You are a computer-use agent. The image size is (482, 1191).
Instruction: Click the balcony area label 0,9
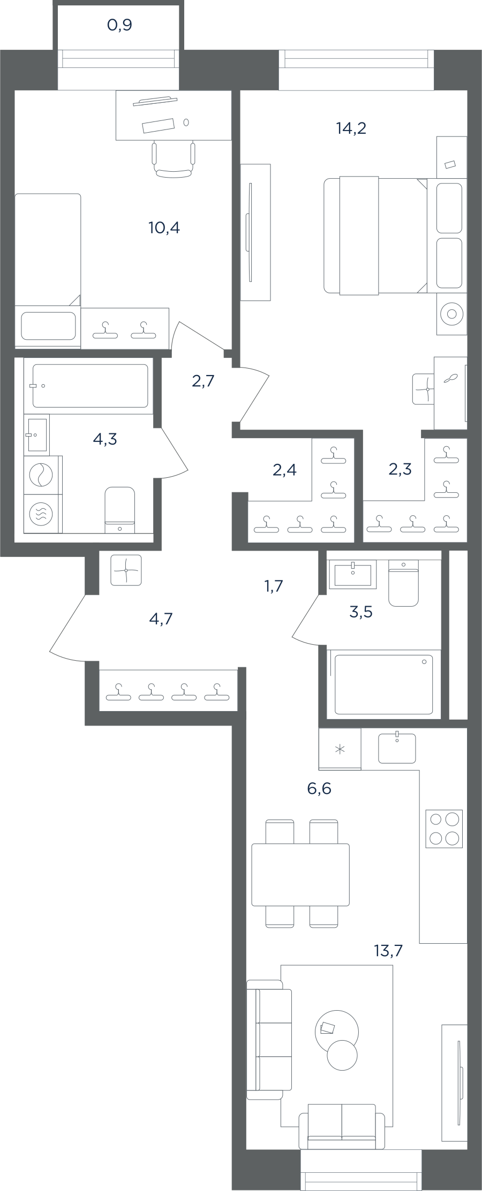point(119,25)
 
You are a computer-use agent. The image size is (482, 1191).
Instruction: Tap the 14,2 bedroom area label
point(351,128)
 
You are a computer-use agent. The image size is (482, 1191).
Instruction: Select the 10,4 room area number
point(164,228)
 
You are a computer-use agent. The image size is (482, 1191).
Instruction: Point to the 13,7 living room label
point(388,951)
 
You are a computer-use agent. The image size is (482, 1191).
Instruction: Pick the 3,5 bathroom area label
point(360,612)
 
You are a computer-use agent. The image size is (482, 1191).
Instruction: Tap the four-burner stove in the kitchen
point(444,829)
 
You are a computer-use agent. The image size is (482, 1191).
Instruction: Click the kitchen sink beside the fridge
point(397,747)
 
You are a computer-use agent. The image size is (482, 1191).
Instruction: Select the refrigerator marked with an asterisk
point(340,749)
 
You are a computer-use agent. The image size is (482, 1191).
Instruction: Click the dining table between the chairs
point(300,875)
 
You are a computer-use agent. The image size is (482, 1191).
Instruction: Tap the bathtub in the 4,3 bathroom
point(90,386)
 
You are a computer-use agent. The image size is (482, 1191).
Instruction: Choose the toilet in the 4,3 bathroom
point(119,510)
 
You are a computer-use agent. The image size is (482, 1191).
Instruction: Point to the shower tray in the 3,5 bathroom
point(383,684)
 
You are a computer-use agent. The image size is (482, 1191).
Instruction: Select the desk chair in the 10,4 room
point(174,159)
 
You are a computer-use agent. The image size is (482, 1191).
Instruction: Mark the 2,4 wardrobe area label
point(284,470)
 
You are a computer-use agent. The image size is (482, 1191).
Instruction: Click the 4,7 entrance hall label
point(161,619)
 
